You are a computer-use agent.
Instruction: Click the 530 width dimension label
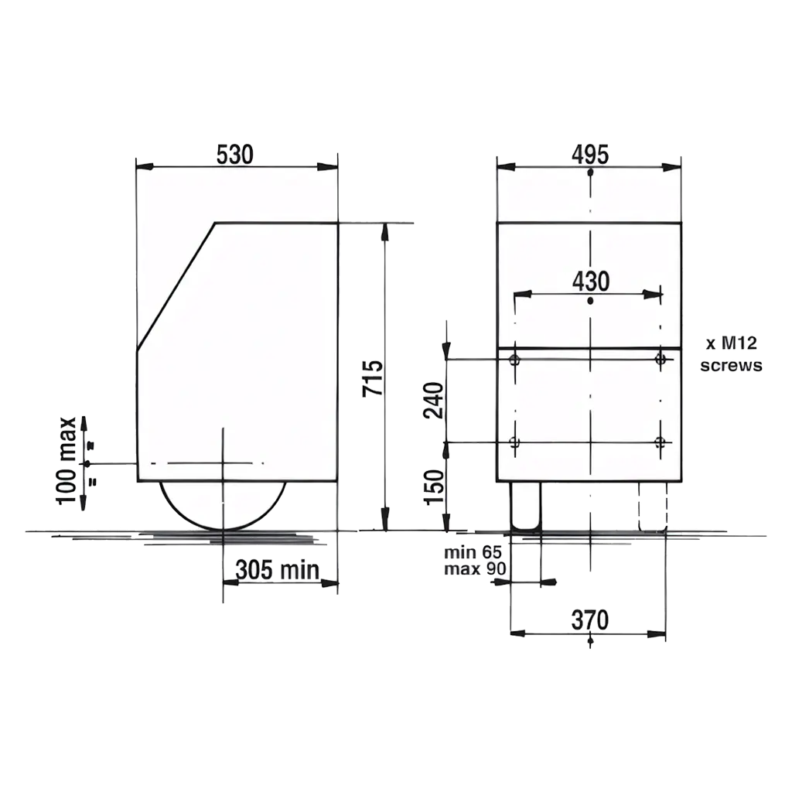235,155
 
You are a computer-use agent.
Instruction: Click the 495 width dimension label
590,155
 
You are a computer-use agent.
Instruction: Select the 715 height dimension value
373,377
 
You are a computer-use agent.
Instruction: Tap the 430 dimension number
591,282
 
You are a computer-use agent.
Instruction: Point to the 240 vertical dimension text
433,401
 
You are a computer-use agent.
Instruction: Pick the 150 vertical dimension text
433,487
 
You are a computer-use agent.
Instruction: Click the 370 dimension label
590,620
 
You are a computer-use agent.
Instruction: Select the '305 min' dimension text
278,570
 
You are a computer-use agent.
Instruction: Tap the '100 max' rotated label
67,461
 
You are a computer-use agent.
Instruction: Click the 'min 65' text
473,552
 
